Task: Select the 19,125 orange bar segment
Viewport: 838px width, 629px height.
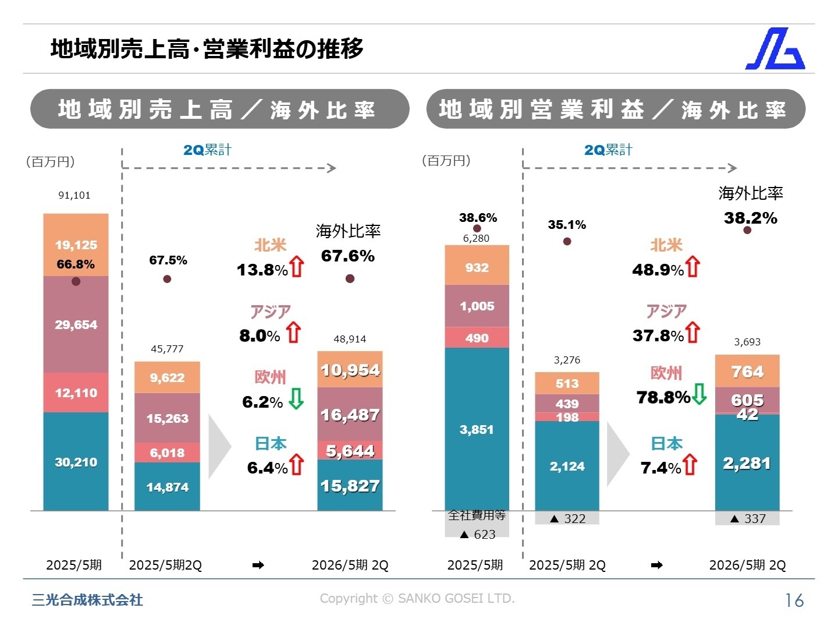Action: click(76, 245)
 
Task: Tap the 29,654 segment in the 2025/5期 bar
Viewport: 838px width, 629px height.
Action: click(76, 324)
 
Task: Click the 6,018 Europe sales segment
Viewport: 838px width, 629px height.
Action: click(167, 453)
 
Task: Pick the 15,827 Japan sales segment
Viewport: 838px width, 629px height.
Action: click(350, 485)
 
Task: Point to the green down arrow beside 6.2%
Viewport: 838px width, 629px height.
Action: click(296, 399)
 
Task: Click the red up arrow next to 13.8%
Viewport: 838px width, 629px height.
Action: click(297, 267)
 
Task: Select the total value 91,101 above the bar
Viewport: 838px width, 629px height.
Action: click(74, 195)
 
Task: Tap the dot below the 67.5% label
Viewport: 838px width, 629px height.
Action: click(167, 279)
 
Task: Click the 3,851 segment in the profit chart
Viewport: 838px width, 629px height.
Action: click(477, 429)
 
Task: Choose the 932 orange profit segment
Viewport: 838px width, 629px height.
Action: click(477, 267)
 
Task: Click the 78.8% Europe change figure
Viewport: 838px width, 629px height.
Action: click(663, 397)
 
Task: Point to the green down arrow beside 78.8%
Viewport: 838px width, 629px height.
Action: click(699, 394)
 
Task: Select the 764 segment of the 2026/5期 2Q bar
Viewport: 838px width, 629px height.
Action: click(747, 371)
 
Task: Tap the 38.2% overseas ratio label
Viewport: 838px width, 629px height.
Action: click(750, 218)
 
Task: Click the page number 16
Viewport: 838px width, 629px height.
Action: click(794, 600)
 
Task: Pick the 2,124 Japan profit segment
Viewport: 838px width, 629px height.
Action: click(567, 466)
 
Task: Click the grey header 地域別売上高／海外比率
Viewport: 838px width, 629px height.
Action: click(219, 109)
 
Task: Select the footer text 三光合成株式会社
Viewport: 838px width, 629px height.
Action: click(87, 600)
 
